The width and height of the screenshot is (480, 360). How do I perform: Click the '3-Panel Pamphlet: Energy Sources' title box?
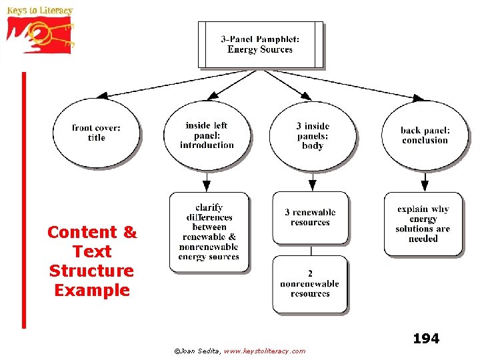[260, 45]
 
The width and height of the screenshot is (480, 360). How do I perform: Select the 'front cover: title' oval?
[97, 133]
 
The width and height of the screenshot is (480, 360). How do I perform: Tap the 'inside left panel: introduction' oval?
[207, 135]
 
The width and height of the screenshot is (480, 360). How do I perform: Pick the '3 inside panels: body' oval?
[312, 135]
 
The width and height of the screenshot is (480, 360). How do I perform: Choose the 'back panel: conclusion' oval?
[425, 135]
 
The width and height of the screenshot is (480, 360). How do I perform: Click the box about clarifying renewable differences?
[209, 232]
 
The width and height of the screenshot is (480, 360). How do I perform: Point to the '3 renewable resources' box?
[310, 217]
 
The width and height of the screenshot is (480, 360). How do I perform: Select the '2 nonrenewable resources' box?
[310, 283]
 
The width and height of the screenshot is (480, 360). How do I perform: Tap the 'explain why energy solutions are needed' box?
[423, 224]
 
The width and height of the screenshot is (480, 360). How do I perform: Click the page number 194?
[426, 339]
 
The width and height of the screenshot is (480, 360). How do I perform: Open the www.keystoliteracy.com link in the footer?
[265, 351]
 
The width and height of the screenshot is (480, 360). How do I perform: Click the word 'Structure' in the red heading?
[91, 271]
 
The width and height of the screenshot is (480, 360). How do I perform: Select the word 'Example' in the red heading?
[91, 291]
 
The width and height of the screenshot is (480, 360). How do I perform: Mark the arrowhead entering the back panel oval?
[417, 98]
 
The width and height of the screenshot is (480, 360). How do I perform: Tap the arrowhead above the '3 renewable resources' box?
[312, 186]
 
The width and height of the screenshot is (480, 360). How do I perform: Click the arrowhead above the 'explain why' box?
[425, 186]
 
